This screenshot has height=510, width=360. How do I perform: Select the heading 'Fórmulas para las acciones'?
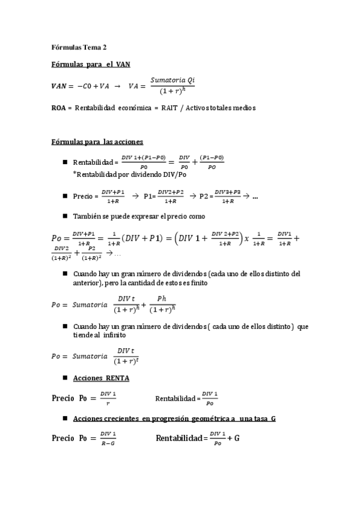97,142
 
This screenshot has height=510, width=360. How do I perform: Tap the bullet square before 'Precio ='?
64,196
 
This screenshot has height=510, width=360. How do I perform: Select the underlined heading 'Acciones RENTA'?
100,378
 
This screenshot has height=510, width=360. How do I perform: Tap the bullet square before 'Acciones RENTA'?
64,378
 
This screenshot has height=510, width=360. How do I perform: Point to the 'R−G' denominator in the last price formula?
108,443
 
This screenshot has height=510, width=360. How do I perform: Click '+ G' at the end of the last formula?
233,438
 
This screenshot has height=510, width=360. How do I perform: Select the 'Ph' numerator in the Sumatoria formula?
161,298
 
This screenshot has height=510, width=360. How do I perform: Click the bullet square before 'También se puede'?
64,216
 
